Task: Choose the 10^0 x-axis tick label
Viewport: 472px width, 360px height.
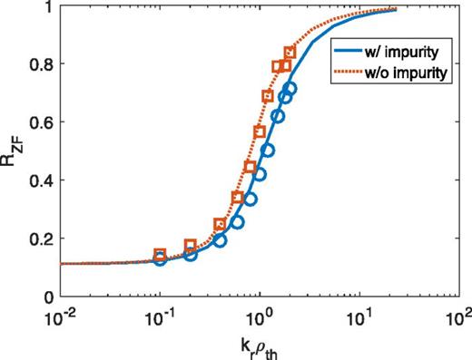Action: click(x=260, y=315)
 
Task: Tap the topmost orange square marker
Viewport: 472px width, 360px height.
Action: click(x=290, y=53)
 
